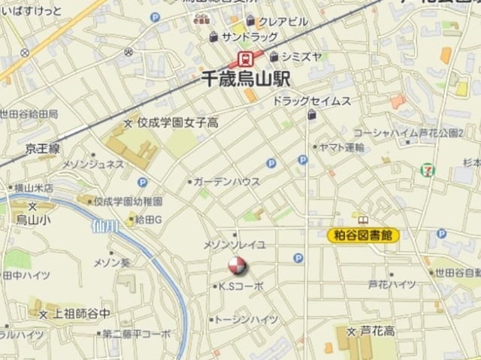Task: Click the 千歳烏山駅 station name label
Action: [247, 77]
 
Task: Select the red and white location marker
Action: [236, 265]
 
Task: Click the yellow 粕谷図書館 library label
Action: [364, 235]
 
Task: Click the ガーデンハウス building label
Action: [226, 182]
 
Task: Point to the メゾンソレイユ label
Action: [234, 245]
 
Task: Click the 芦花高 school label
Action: [377, 331]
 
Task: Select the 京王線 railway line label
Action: [43, 150]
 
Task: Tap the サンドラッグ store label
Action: [249, 37]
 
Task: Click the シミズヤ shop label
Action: [301, 56]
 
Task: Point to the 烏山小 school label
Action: [32, 219]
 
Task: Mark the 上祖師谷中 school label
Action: [82, 313]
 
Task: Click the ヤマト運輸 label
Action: [340, 147]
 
